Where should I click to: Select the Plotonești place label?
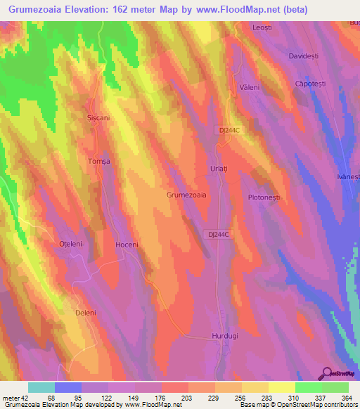(264, 197)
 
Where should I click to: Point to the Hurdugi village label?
(225, 337)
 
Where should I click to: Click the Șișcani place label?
(97, 119)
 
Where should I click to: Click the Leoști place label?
(262, 27)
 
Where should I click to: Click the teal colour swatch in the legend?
(41, 387)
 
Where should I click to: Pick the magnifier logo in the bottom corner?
(328, 372)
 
